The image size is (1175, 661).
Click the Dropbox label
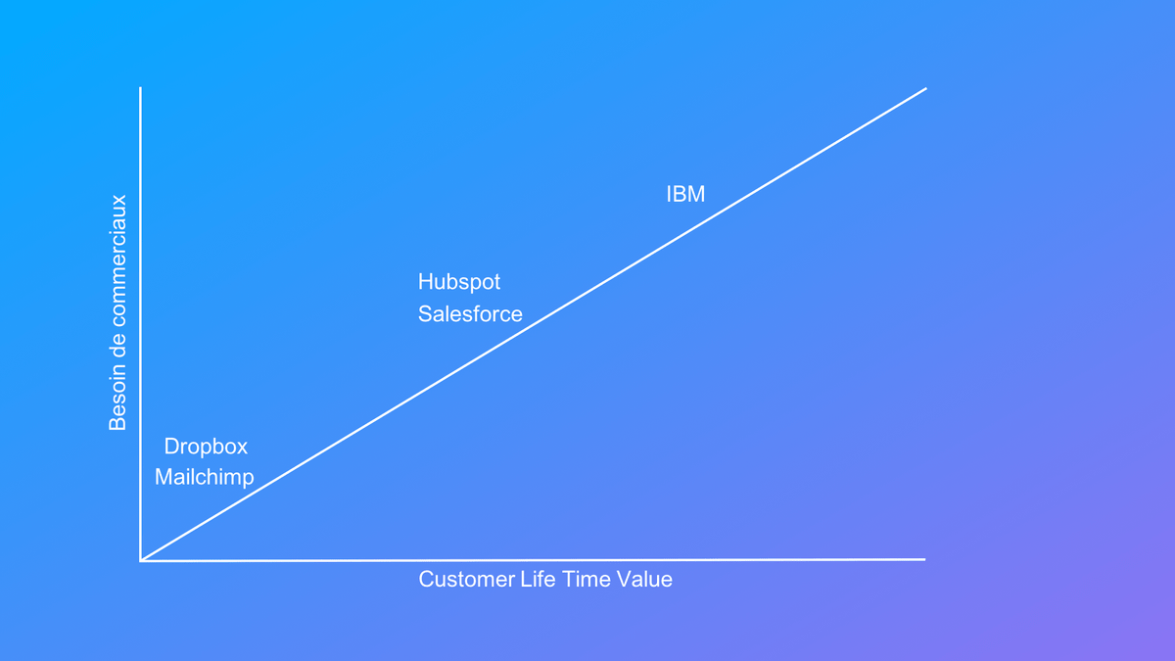(206, 447)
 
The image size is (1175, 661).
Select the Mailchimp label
(204, 478)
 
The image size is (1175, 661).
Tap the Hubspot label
(459, 282)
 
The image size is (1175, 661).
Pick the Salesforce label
(470, 314)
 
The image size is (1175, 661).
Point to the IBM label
(685, 194)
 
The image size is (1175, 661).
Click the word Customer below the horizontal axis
(467, 580)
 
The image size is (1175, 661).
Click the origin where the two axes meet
(141, 560)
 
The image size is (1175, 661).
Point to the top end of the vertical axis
(140, 87)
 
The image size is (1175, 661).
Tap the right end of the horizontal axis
(925, 559)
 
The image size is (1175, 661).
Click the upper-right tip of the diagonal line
(926, 89)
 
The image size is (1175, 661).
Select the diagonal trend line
(534, 324)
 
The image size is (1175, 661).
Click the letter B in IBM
(679, 194)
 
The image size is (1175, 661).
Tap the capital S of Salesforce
(425, 314)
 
